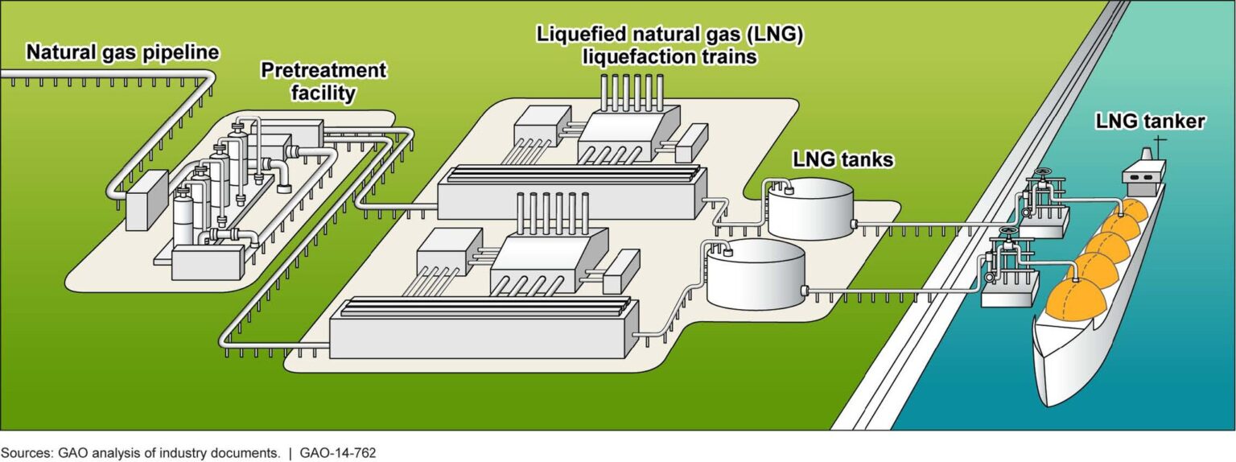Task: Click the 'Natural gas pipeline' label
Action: click(x=122, y=53)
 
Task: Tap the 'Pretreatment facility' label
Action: click(x=323, y=81)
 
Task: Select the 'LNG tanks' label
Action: click(x=843, y=160)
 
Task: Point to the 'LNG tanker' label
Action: click(x=1149, y=122)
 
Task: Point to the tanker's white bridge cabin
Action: click(x=1143, y=172)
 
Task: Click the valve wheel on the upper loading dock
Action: click(x=1044, y=174)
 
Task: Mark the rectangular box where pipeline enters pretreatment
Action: click(x=146, y=195)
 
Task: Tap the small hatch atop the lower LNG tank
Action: click(x=728, y=250)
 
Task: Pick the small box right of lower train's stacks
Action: click(x=621, y=270)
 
